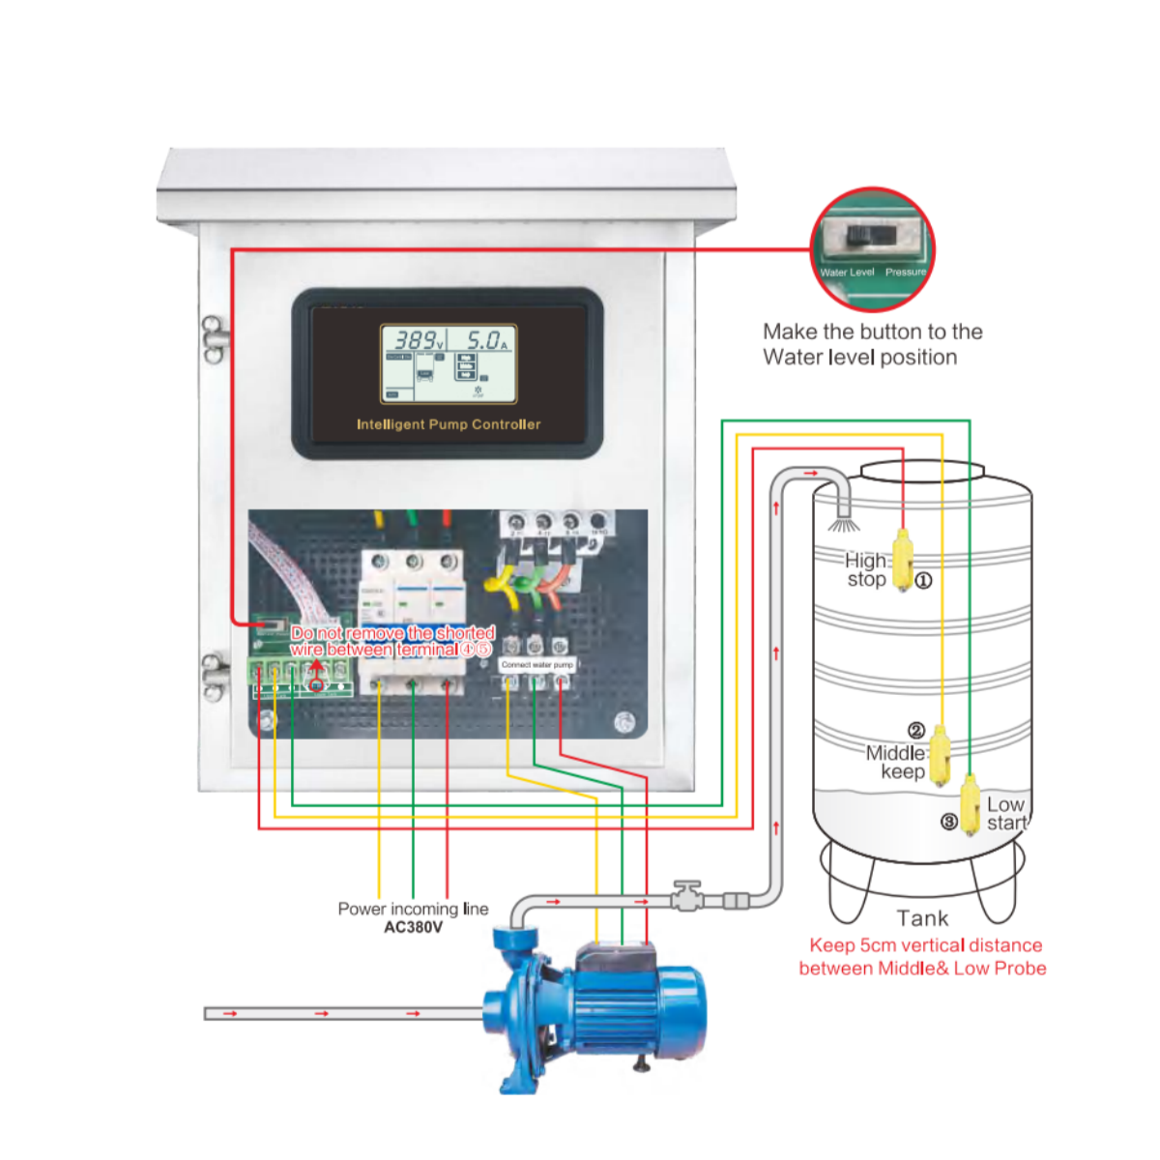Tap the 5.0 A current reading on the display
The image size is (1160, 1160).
486,340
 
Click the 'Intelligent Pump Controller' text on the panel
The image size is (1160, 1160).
449,424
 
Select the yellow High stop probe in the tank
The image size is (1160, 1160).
902,560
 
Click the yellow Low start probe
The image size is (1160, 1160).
971,804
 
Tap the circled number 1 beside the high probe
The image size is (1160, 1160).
923,581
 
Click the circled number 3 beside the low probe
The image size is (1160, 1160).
949,822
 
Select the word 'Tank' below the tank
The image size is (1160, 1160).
922,918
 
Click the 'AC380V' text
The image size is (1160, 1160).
413,927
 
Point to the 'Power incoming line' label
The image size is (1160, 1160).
413,909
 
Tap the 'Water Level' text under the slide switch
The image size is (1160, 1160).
847,273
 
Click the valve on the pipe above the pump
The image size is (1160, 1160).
687,896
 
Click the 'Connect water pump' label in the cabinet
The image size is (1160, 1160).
537,665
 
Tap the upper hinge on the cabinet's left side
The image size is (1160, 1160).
214,338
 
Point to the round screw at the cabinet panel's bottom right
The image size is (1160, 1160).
625,721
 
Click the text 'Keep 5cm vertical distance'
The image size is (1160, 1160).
925,945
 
